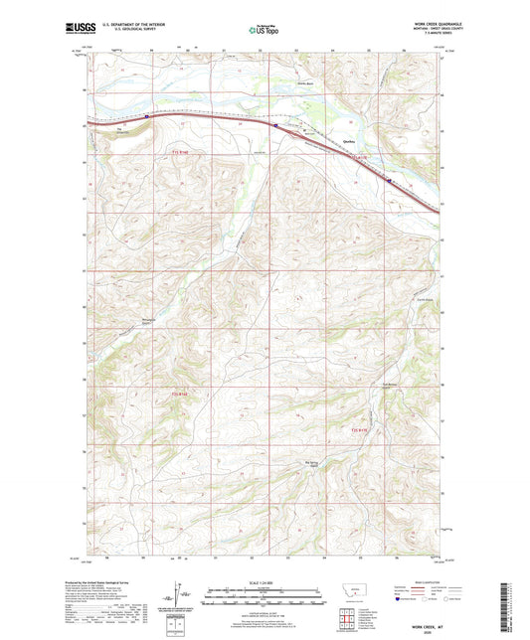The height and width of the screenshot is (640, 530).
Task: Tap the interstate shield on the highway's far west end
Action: point(146,116)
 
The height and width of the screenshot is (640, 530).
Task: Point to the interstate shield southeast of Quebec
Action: point(389,181)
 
